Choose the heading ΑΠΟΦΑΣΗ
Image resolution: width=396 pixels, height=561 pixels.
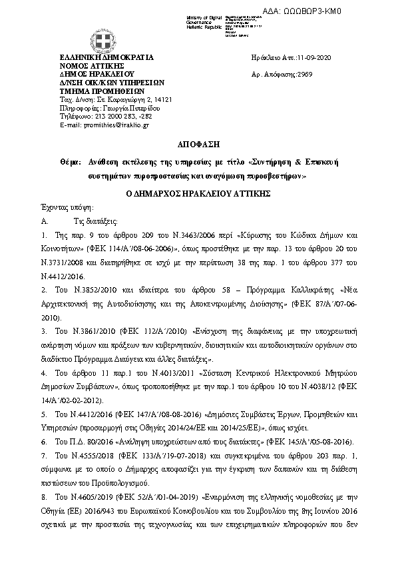tap(197, 143)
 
